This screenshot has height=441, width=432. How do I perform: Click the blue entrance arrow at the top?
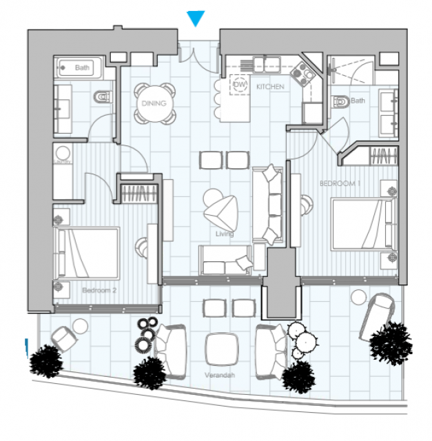point(196,19)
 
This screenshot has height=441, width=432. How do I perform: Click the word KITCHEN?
point(270,88)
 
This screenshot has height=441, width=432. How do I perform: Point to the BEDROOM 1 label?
point(340,184)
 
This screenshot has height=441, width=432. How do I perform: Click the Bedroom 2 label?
point(99,291)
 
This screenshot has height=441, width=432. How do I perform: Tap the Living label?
point(225,234)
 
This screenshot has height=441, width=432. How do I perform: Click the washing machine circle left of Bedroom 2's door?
point(63,154)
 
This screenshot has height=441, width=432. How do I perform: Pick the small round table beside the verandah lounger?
point(358,298)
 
